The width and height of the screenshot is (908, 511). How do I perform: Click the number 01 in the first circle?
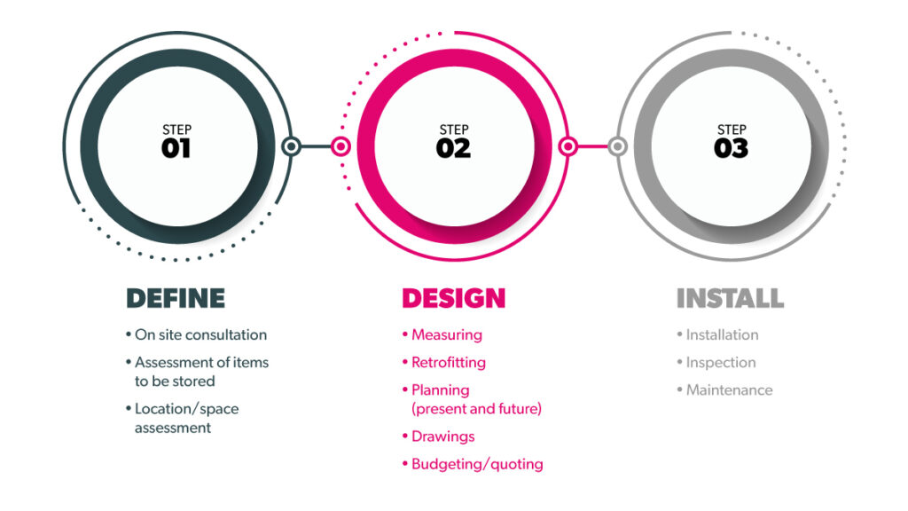[x=176, y=148]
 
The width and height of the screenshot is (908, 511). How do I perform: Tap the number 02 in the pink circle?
[x=453, y=148]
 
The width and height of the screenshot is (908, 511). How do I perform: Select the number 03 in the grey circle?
[x=731, y=148]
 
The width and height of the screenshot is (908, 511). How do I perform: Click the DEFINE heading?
[x=176, y=298]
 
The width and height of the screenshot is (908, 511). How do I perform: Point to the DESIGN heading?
[x=453, y=298]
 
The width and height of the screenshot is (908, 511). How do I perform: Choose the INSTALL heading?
[x=731, y=298]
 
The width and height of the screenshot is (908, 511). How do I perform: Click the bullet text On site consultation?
[x=200, y=334]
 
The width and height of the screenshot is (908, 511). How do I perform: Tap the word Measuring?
[x=447, y=335]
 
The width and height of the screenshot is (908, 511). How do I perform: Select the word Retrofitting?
[x=448, y=363]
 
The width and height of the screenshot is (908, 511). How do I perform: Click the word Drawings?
[x=443, y=436]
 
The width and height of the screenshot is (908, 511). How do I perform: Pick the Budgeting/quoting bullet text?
[x=477, y=465]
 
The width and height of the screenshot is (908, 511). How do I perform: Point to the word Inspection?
[x=721, y=363]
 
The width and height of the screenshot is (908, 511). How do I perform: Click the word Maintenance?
[x=729, y=390]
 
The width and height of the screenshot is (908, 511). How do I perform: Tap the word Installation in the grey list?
[x=722, y=334]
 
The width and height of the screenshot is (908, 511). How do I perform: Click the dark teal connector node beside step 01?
[x=291, y=146]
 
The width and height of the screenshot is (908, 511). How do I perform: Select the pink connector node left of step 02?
[x=341, y=146]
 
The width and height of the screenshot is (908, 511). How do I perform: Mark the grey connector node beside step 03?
[x=618, y=146]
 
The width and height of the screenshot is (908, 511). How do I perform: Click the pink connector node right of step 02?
[x=568, y=146]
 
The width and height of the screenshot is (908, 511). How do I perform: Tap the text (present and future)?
[x=476, y=409]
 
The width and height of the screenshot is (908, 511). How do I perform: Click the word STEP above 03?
[x=732, y=130]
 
